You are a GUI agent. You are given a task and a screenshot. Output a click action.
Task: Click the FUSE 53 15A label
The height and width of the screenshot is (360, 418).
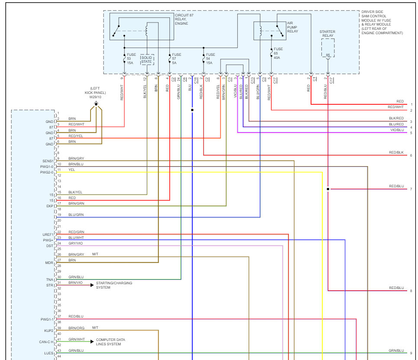pyautogui.click(x=131, y=58)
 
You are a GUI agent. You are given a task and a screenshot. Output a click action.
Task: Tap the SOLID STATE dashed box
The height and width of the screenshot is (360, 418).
pyautogui.click(x=146, y=60)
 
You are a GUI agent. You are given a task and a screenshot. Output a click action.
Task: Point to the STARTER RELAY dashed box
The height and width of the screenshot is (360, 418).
pyautogui.click(x=327, y=48)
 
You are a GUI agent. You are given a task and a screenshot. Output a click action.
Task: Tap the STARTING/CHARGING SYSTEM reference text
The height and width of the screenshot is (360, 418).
pyautogui.click(x=114, y=285)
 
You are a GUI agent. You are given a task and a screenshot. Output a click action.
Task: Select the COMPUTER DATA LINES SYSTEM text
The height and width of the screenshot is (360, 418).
pyautogui.click(x=110, y=342)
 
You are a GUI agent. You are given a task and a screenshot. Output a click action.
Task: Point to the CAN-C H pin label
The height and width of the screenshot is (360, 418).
pyautogui.click(x=46, y=342)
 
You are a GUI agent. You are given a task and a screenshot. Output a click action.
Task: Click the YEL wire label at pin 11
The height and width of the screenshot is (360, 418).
pyautogui.click(x=71, y=170)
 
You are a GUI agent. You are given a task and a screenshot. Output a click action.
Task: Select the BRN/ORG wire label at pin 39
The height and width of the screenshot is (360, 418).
pyautogui.click(x=76, y=328)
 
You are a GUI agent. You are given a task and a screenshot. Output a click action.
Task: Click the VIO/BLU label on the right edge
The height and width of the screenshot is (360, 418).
pyautogui.click(x=397, y=129)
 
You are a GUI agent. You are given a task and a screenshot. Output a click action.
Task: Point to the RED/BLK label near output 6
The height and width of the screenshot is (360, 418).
pyautogui.click(x=396, y=152)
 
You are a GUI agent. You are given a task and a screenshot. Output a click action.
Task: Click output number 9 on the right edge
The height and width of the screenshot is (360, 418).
pyautogui.click(x=411, y=353)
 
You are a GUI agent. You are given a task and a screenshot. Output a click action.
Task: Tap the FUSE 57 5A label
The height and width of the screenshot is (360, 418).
pyautogui.click(x=176, y=58)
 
